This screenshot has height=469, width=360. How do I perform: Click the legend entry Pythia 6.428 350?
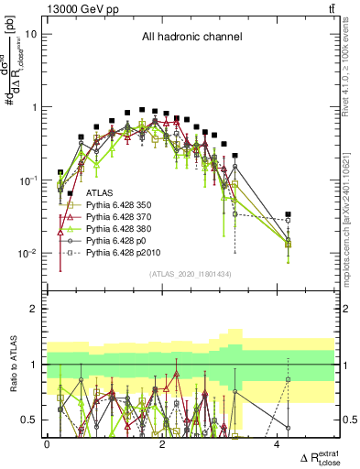pos(122,207)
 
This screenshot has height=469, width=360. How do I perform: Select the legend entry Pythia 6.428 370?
pos(122,221)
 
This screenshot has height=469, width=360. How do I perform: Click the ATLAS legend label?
pos(99,193)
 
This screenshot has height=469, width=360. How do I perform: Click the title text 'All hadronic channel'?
pos(191,38)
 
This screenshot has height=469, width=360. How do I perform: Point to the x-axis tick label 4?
pos(277,443)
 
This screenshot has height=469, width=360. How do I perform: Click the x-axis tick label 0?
pos(47,443)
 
